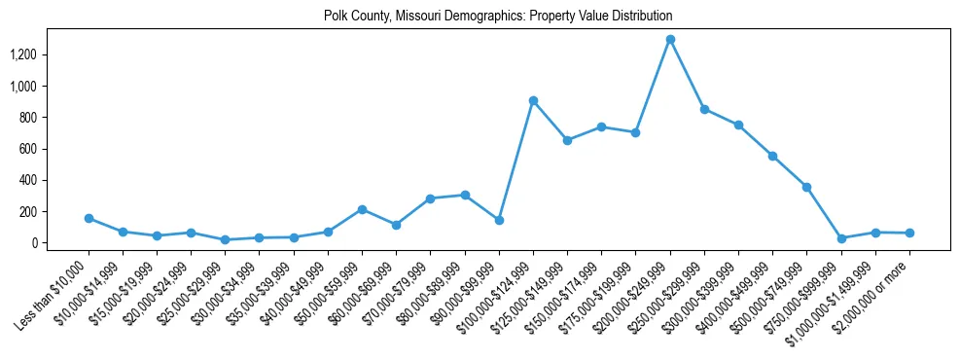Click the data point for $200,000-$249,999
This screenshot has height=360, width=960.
(670, 40)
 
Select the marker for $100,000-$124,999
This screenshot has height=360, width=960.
(533, 100)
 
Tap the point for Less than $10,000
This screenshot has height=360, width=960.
(89, 218)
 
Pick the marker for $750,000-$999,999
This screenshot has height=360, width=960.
(841, 238)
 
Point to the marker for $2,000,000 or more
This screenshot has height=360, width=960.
(909, 233)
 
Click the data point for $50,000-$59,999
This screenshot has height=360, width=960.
(362, 209)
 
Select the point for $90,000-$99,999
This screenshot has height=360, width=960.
(499, 220)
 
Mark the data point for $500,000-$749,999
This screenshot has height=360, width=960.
(806, 187)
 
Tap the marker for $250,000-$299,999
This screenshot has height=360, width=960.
(704, 109)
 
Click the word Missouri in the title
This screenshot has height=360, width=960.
(421, 17)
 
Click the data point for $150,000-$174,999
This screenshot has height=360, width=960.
(601, 126)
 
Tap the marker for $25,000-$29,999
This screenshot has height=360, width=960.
(225, 239)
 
